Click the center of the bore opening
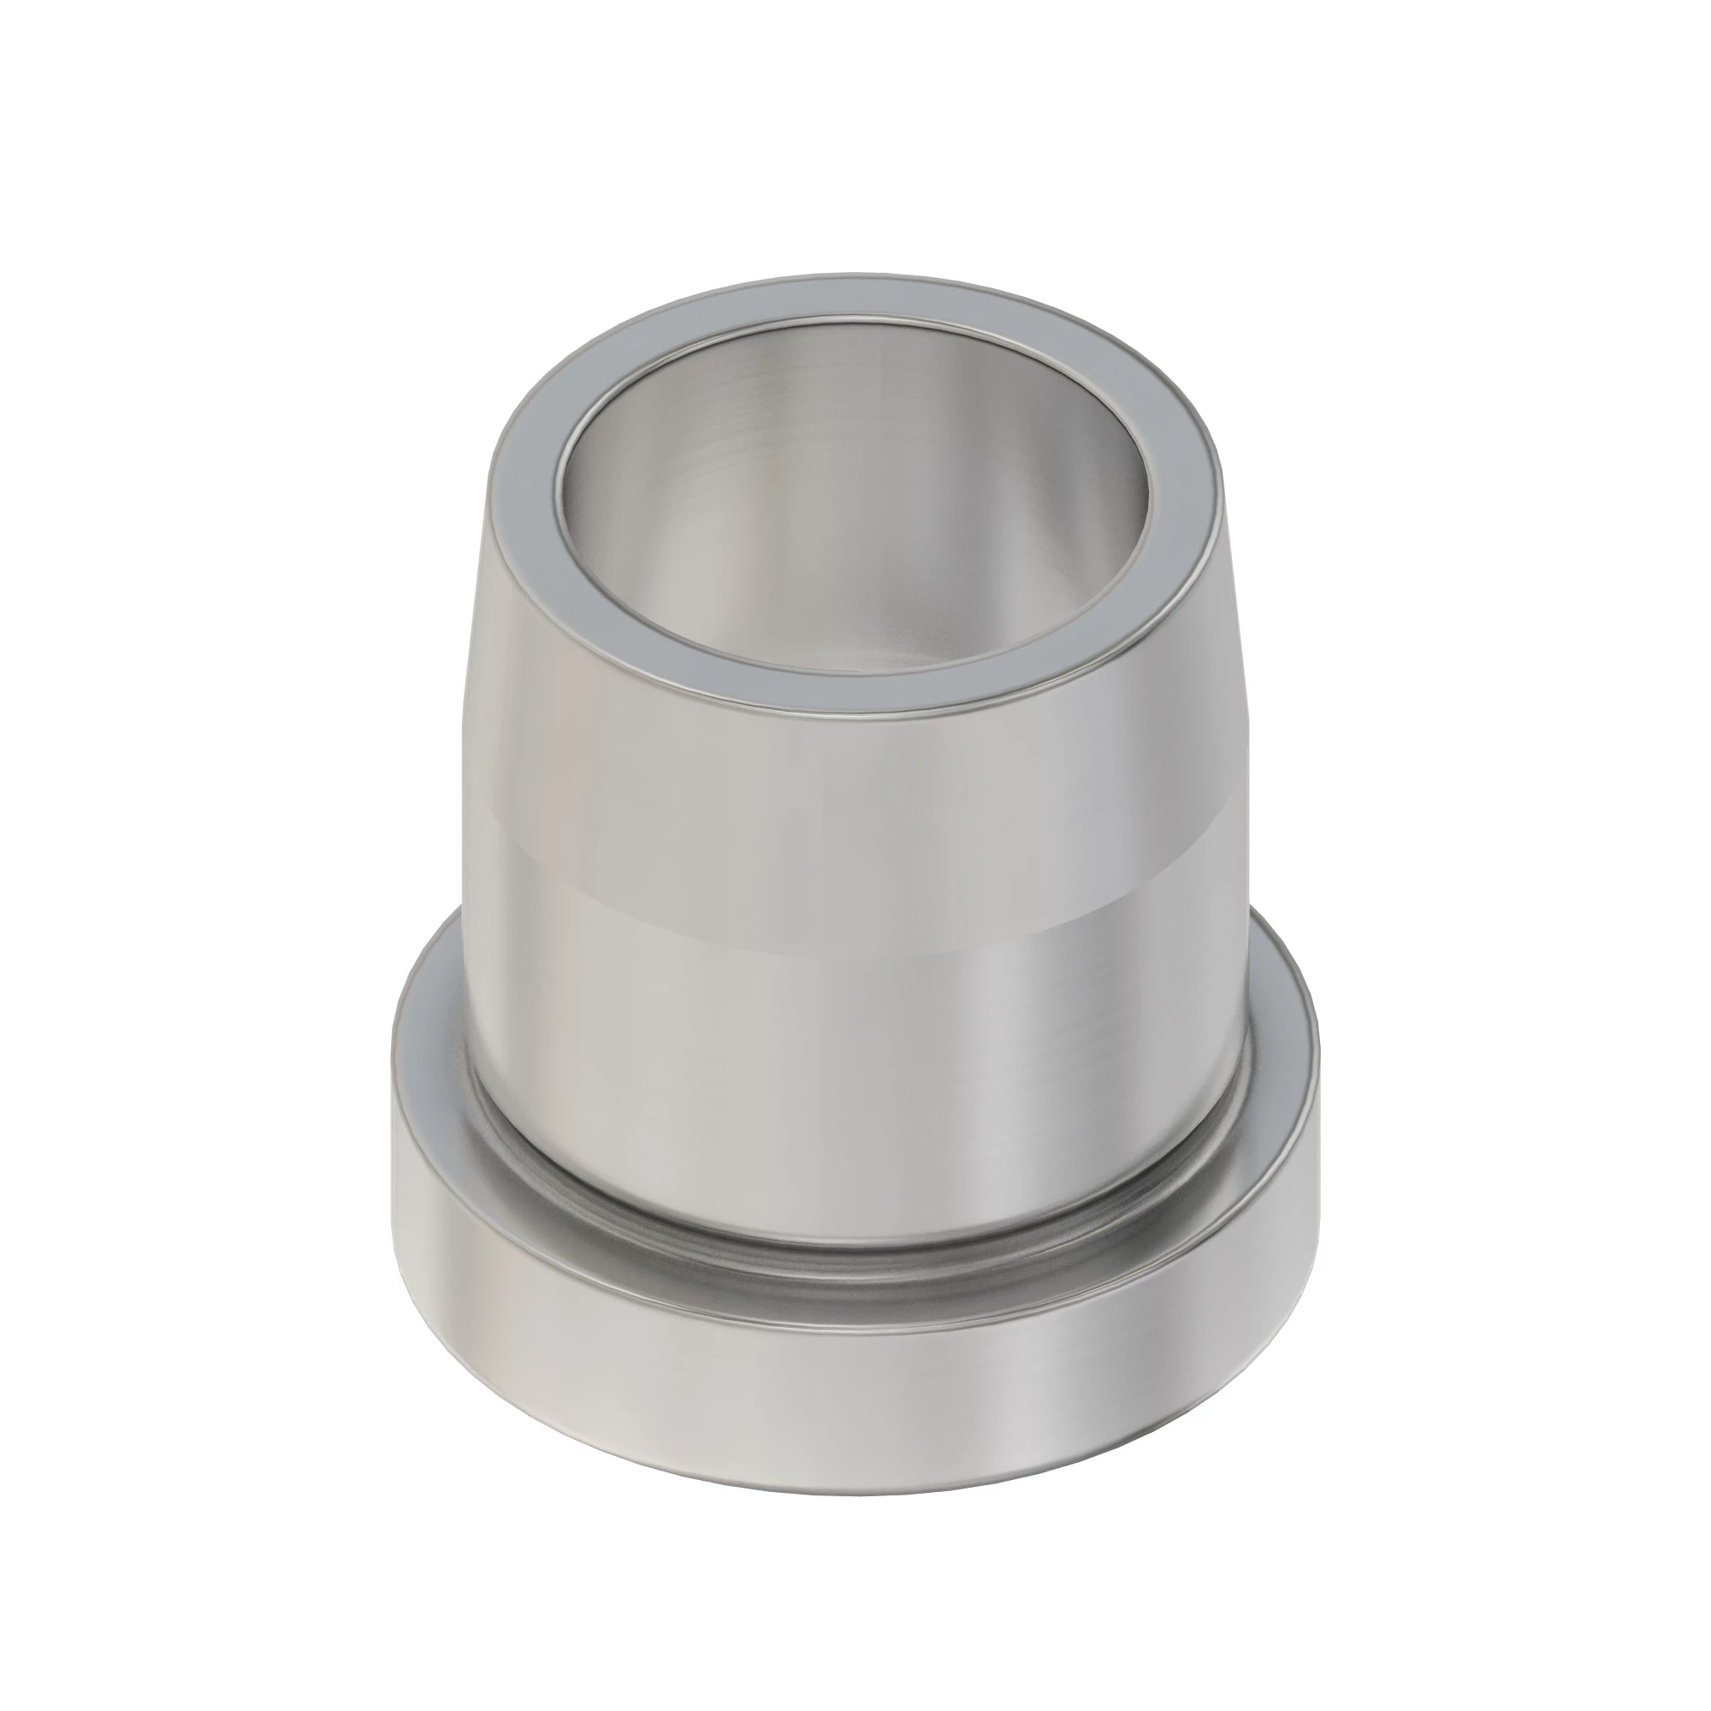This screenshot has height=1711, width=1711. pyautogui.click(x=855, y=496)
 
